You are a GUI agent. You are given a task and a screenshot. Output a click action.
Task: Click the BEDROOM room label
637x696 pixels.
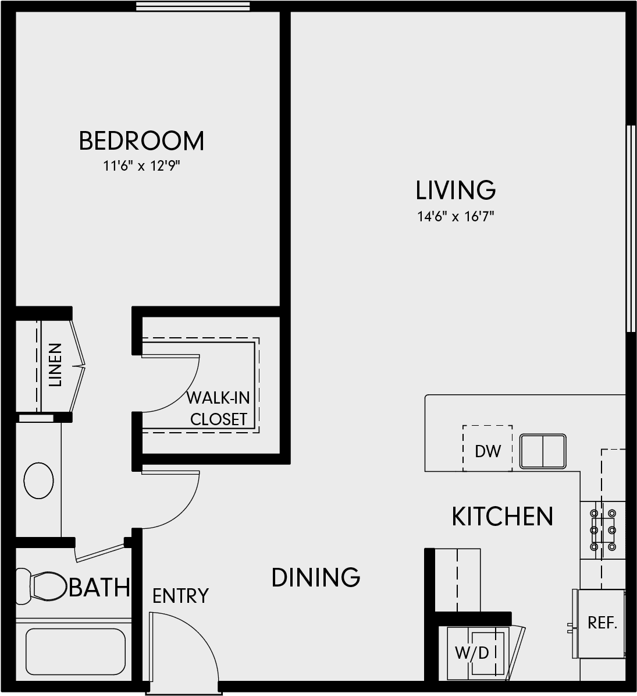141,141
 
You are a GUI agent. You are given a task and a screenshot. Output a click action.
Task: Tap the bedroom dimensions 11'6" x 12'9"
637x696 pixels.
141,166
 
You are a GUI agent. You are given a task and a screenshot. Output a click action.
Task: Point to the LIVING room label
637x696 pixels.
455,190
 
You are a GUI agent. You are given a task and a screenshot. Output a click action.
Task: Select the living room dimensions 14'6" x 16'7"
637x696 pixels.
455,217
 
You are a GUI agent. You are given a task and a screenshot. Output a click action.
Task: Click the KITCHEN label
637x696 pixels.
502,516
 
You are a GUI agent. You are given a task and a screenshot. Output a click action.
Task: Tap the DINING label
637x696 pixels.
316,578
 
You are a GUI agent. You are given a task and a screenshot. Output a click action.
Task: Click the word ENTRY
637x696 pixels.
180,596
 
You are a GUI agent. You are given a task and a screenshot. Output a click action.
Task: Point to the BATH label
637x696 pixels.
99,587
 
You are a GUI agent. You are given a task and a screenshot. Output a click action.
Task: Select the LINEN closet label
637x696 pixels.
55,365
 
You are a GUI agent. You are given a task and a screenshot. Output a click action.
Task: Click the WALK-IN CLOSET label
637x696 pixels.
218,408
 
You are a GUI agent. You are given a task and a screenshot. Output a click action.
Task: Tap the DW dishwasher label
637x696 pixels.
487,451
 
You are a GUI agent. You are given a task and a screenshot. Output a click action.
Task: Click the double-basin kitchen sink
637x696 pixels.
543,451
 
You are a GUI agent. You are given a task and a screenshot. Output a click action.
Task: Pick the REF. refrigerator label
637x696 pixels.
603,623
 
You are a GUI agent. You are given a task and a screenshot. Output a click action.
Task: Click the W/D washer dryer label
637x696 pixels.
472,652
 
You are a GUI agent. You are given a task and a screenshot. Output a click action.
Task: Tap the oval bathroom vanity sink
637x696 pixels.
38,481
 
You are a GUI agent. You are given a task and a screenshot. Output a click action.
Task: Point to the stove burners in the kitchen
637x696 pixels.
603,529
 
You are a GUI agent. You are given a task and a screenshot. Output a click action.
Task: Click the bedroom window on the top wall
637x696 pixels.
193,6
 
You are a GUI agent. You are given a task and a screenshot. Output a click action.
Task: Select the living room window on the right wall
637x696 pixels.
631,228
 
